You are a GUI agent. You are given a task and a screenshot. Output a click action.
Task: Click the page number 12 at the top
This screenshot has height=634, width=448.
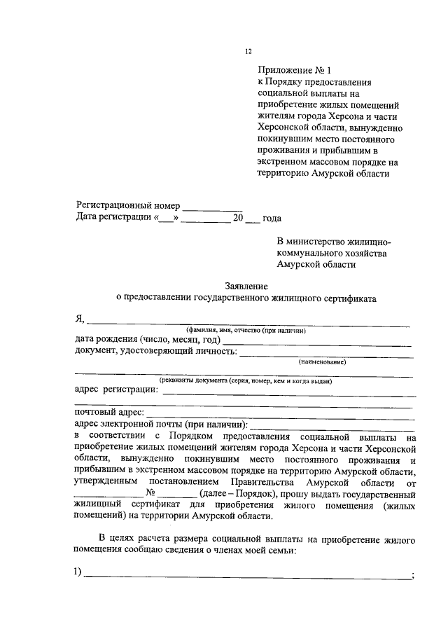pos(247,51)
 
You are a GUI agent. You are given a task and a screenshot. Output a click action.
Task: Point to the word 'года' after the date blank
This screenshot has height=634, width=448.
pos(272,218)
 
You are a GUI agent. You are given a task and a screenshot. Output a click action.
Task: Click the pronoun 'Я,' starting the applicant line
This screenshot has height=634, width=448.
pos(80,319)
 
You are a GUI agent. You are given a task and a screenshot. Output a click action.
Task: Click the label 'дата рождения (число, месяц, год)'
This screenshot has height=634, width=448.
pos(146,340)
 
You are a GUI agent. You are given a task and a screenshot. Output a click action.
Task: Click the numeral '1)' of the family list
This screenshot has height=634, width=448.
pos(78,574)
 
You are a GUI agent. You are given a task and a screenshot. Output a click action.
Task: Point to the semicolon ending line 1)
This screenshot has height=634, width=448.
pos(414,576)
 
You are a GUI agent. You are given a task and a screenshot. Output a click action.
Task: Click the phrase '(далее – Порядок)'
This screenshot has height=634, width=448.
pos(225,493)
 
